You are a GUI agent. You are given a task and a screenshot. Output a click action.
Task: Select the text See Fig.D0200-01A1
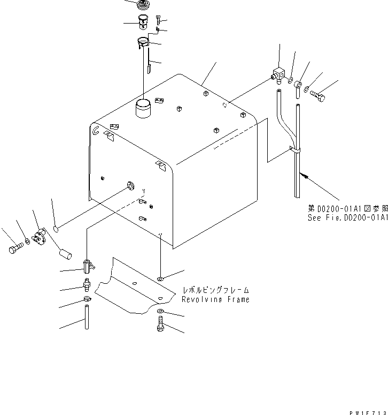[x=347, y=218]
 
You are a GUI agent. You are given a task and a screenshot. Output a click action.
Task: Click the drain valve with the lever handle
[x=88, y=265]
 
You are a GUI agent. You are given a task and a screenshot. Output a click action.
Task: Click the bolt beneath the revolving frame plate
[x=161, y=325]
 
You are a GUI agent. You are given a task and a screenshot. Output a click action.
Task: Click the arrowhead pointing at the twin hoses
[x=304, y=174]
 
